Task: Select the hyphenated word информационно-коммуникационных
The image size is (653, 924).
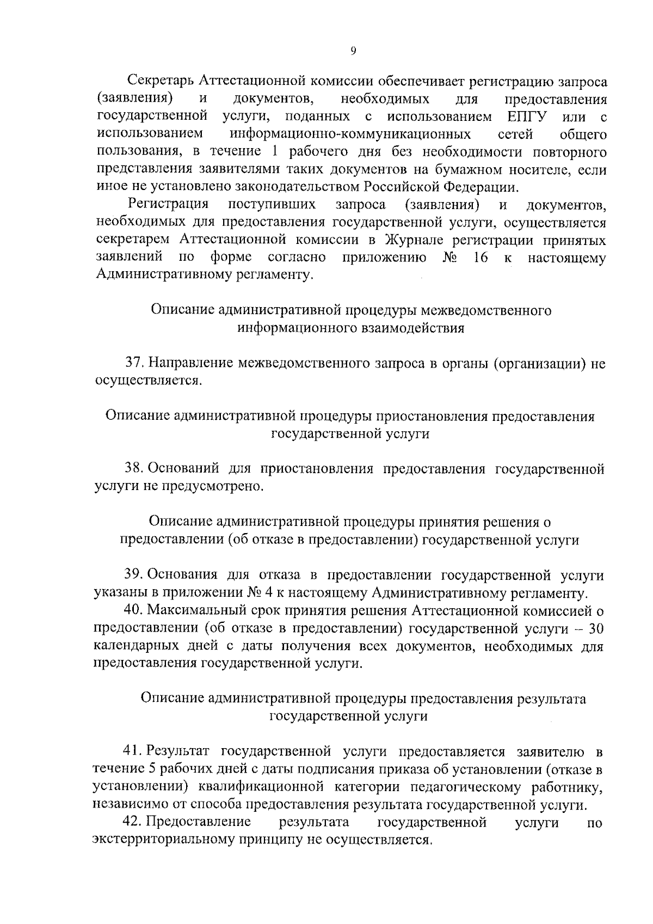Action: [350, 134]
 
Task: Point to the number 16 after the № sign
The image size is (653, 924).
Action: [480, 258]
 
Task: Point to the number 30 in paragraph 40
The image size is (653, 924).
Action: [596, 629]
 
